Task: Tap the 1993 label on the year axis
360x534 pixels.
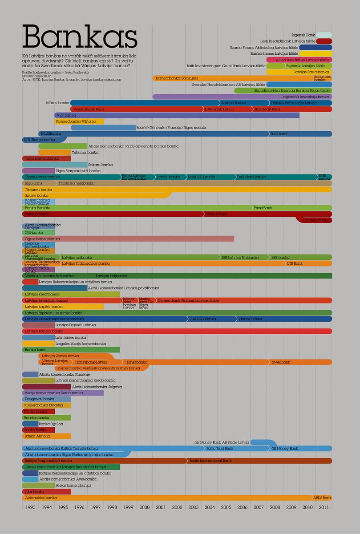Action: (30, 507)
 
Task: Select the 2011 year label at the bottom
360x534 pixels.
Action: (324, 507)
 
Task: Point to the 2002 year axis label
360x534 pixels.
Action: (177, 507)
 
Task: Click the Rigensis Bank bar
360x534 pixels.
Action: (324, 35)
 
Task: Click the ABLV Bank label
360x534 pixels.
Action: (322, 498)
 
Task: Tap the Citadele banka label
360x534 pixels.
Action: (316, 220)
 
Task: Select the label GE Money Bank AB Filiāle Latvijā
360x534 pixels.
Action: (222, 442)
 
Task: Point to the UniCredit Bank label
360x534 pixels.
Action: (267, 109)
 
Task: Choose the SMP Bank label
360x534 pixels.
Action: (279, 134)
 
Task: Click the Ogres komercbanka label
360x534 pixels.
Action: (42, 239)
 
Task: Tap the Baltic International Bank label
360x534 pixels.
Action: (210, 461)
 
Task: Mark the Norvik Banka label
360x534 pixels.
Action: (251, 319)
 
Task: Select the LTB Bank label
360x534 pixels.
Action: (295, 263)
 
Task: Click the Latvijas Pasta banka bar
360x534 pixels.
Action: (299, 72)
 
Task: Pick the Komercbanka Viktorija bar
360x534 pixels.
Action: (79, 121)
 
